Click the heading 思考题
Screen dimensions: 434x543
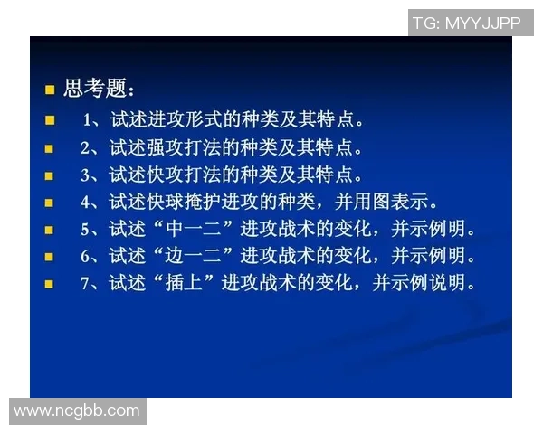[x=100, y=90]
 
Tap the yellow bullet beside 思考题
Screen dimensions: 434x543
[x=51, y=90]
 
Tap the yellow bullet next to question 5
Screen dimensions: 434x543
[x=51, y=230]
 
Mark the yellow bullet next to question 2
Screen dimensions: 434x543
[x=51, y=147]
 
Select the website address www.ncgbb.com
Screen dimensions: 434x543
[x=77, y=410]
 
